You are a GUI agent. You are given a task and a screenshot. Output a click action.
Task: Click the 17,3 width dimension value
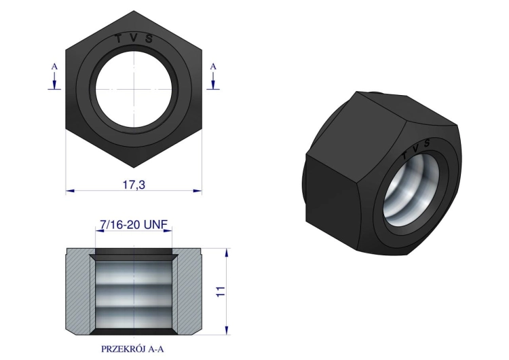coord(134,185)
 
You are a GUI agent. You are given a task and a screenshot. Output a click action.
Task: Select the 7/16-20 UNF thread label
coord(134,225)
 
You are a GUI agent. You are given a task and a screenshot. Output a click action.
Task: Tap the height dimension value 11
coord(221,291)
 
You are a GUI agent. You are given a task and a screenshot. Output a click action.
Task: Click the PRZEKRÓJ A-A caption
coord(132,349)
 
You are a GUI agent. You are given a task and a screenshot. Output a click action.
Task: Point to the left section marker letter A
coord(54,67)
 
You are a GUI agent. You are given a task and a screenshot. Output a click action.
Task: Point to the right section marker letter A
coord(213,67)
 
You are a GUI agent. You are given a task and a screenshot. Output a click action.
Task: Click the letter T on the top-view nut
coord(119,39)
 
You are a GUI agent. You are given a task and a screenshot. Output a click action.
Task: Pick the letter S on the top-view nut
coord(149,39)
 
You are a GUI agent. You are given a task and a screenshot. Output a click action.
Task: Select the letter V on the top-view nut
coord(134,38)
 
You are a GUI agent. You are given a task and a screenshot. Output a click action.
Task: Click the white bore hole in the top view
coord(134,89)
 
